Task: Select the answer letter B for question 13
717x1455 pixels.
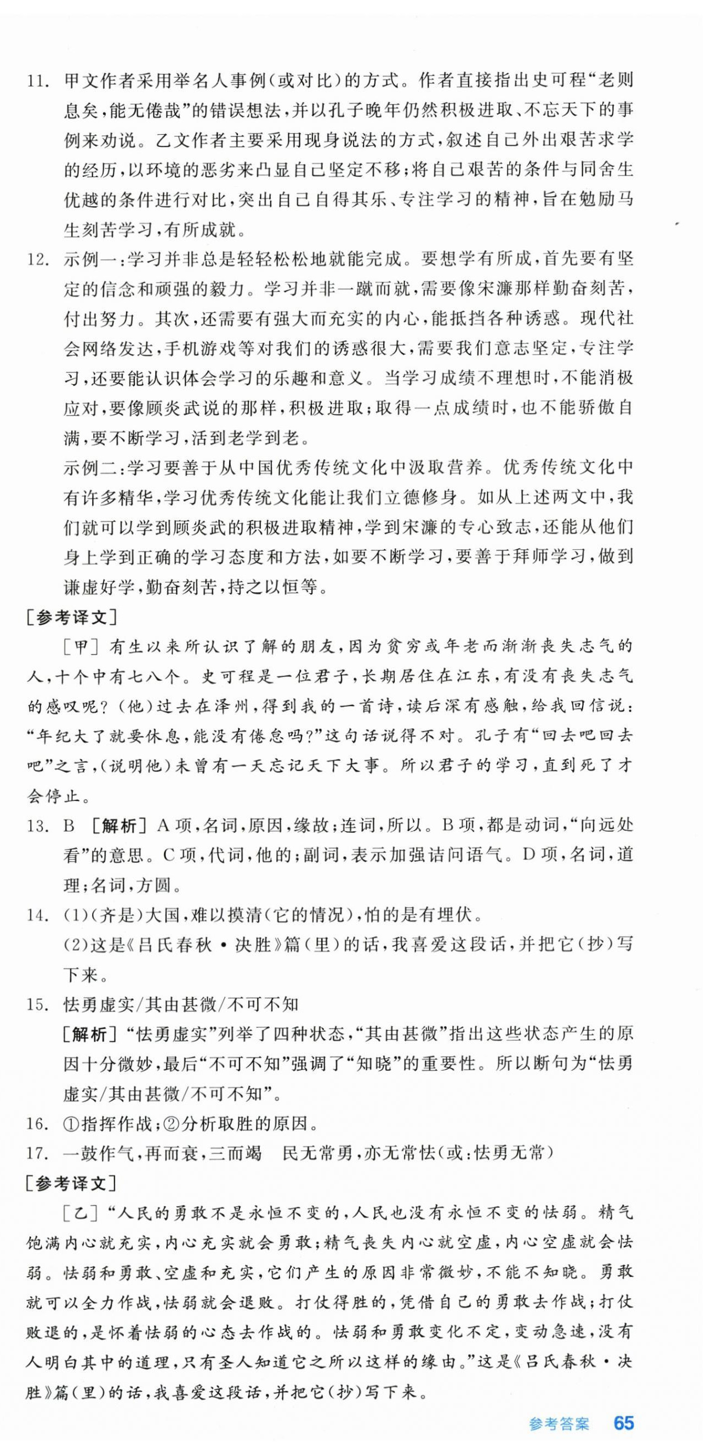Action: [69, 826]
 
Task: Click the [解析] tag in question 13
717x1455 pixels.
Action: [118, 826]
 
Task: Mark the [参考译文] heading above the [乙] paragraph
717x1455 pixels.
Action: [71, 1183]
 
